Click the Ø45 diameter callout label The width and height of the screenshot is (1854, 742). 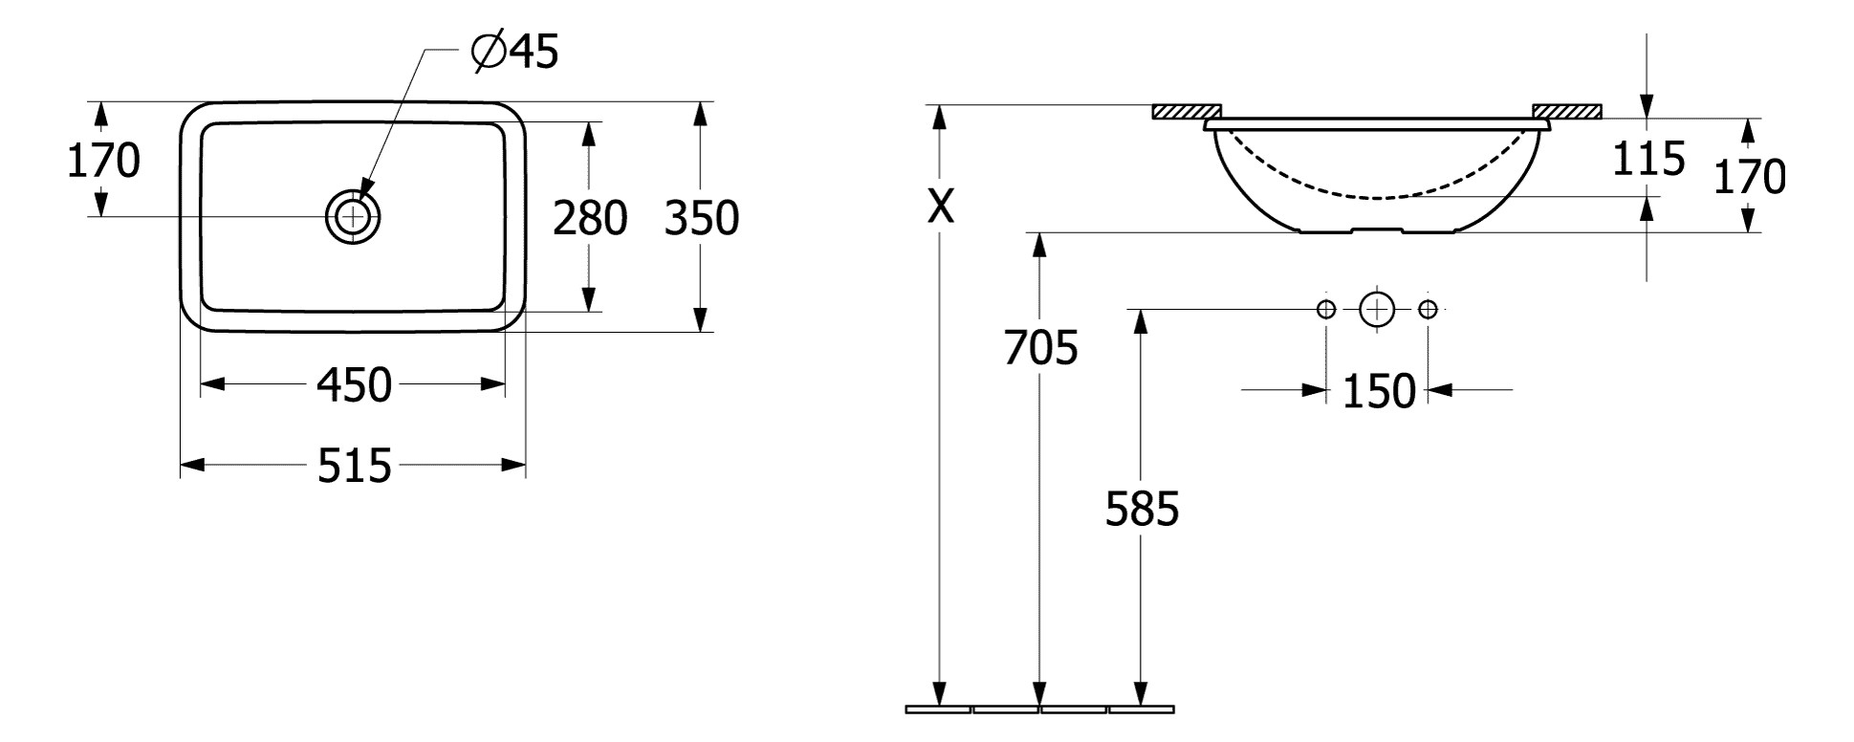515,53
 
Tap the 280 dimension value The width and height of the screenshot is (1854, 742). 590,218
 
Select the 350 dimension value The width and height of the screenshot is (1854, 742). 702,218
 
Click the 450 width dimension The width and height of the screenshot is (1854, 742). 354,385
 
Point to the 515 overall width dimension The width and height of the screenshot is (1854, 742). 354,466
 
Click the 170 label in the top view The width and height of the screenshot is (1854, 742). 103,161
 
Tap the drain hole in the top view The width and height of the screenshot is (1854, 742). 353,216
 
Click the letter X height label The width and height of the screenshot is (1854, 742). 942,205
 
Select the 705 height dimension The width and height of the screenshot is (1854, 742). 1040,347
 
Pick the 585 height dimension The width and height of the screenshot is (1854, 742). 1142,509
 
